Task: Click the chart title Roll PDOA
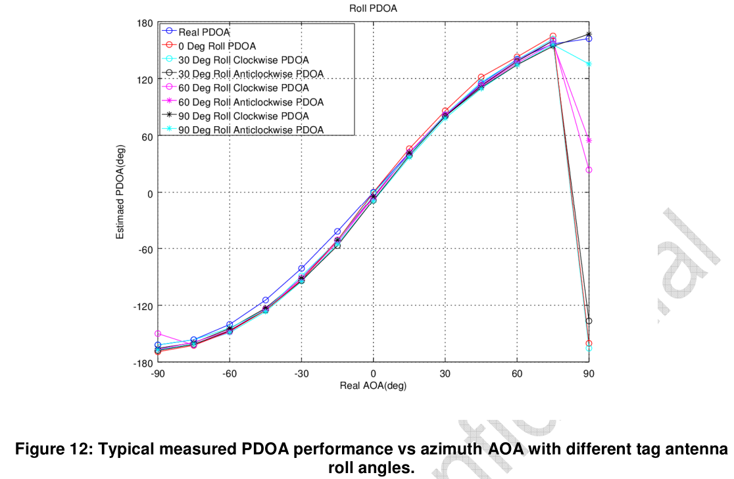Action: coord(373,9)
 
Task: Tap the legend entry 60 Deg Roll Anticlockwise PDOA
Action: coord(251,102)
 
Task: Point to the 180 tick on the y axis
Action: coord(143,23)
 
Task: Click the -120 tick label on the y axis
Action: coord(141,306)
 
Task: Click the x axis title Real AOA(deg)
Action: coord(373,386)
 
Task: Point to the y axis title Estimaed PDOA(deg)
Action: coord(120,192)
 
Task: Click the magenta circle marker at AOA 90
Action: coord(589,170)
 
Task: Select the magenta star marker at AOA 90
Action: coord(589,141)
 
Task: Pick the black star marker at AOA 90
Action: coord(589,34)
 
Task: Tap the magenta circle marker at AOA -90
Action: coord(158,334)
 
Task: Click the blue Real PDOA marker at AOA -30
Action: coord(301,268)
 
